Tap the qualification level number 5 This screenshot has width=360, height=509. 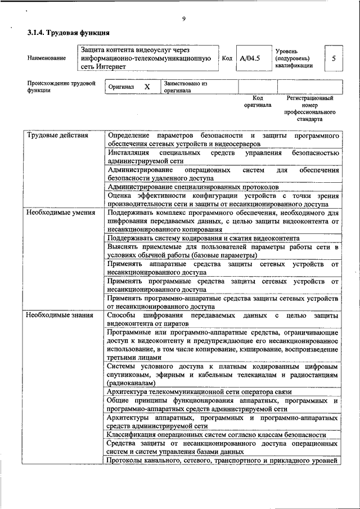point(334,58)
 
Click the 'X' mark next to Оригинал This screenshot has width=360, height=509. point(147,87)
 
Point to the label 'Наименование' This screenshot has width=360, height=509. point(46,58)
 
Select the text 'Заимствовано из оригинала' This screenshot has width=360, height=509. point(186,87)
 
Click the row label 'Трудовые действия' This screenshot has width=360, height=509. point(58,136)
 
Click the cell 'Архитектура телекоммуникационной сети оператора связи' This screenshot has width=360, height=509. point(207,391)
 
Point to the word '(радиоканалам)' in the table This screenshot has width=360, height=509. point(130,382)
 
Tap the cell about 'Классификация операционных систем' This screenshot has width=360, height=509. point(217,435)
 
